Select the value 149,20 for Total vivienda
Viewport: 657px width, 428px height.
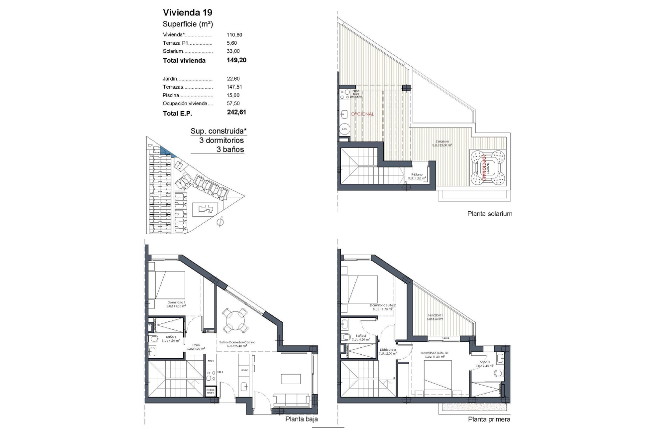click(236, 60)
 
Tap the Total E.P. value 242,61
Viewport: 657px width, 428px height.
click(236, 113)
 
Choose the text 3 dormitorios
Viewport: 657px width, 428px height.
click(221, 141)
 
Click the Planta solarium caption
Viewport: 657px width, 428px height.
click(490, 214)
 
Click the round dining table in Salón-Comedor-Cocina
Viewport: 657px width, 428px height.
click(234, 320)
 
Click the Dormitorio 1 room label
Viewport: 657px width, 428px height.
click(176, 303)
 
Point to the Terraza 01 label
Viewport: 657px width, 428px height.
click(435, 316)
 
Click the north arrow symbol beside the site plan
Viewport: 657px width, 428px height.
click(220, 221)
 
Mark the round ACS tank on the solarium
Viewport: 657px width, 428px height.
click(344, 130)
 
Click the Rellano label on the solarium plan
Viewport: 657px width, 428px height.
click(417, 175)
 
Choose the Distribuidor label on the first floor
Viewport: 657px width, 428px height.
click(388, 350)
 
